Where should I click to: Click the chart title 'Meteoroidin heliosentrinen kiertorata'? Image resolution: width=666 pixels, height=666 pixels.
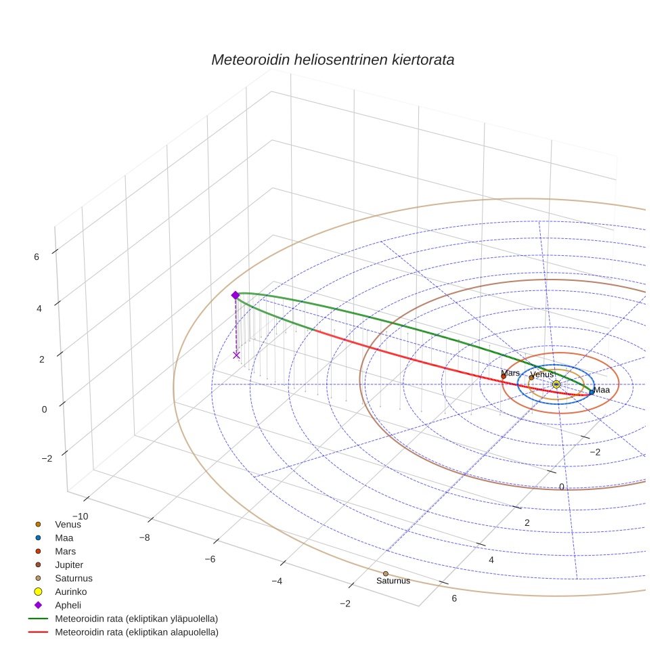pyautogui.click(x=332, y=60)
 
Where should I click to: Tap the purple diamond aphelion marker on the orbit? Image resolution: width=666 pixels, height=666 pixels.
pyautogui.click(x=236, y=295)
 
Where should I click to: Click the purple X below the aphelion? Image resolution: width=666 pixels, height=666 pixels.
pyautogui.click(x=236, y=355)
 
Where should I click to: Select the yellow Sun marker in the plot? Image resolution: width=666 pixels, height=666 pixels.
pyautogui.click(x=556, y=384)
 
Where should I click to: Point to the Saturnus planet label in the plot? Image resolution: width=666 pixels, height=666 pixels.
pyautogui.click(x=393, y=581)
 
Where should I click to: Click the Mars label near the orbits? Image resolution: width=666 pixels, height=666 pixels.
pyautogui.click(x=510, y=373)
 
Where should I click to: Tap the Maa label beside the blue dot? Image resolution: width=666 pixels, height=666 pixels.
pyautogui.click(x=602, y=390)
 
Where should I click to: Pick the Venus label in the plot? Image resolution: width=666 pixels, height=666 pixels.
pyautogui.click(x=541, y=374)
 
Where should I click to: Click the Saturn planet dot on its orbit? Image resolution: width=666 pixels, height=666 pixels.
pyautogui.click(x=386, y=574)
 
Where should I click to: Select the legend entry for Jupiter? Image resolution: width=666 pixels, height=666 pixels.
pyautogui.click(x=69, y=564)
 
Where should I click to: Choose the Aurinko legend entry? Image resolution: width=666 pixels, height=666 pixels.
pyautogui.click(x=70, y=592)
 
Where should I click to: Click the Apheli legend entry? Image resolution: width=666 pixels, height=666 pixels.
pyautogui.click(x=67, y=605)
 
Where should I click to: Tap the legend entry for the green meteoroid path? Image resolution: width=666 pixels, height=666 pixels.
pyautogui.click(x=136, y=619)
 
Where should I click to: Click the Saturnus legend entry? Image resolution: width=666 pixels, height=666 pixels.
pyautogui.click(x=73, y=578)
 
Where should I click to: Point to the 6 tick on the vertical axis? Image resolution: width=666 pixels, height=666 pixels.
pyautogui.click(x=36, y=257)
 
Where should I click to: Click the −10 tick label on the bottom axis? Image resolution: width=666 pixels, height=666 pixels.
pyautogui.click(x=80, y=517)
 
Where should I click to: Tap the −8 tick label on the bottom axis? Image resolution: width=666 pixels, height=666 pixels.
pyautogui.click(x=144, y=537)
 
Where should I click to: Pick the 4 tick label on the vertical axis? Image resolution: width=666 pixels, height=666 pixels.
pyautogui.click(x=36, y=308)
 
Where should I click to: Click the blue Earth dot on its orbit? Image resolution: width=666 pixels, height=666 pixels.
pyautogui.click(x=592, y=392)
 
